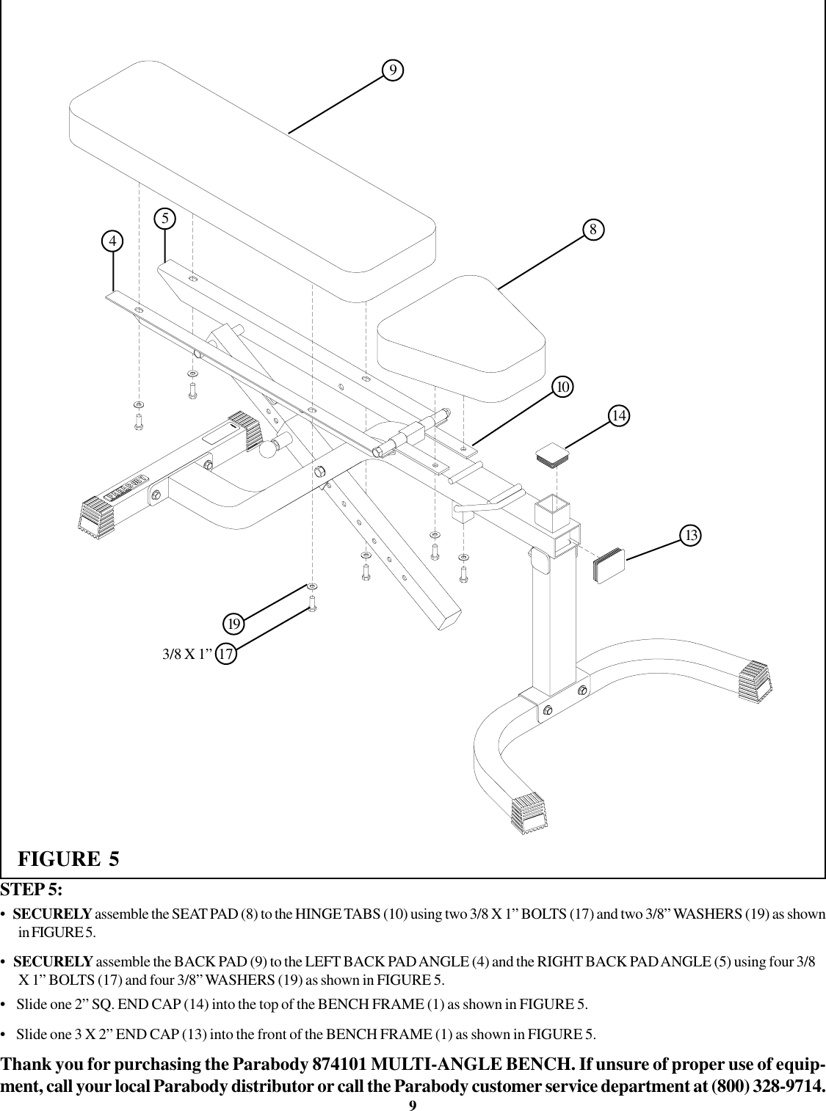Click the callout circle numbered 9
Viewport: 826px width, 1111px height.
tap(394, 69)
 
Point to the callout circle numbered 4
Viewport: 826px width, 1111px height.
tap(112, 241)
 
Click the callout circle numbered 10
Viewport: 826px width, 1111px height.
tap(563, 386)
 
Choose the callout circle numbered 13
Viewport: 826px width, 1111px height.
tap(690, 535)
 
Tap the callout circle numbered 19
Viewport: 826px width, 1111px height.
tap(234, 624)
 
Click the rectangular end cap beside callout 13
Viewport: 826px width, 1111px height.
tap(609, 567)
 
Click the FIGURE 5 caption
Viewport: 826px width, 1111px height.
tap(68, 858)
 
